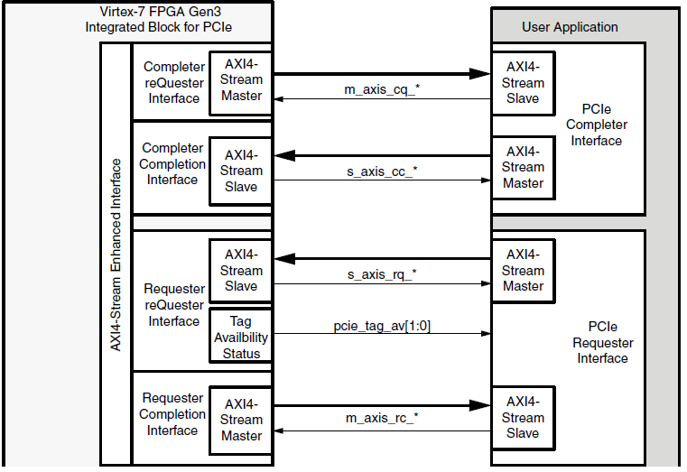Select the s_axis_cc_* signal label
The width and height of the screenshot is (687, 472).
(381, 171)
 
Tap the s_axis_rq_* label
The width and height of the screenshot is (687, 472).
(381, 273)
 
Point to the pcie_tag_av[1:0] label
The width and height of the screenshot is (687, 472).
(381, 327)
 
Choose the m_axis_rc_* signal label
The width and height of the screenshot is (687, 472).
(381, 419)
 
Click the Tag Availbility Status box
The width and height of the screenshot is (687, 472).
(241, 337)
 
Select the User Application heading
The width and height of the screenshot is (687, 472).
(570, 27)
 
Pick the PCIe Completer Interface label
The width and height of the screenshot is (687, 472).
(596, 125)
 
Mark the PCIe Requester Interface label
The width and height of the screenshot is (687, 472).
(602, 342)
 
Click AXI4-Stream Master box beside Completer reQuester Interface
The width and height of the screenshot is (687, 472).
(241, 81)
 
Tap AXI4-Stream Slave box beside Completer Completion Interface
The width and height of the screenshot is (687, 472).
(241, 171)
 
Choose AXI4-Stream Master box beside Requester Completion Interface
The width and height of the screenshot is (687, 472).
(241, 420)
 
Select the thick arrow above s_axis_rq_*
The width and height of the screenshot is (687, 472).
(381, 260)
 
